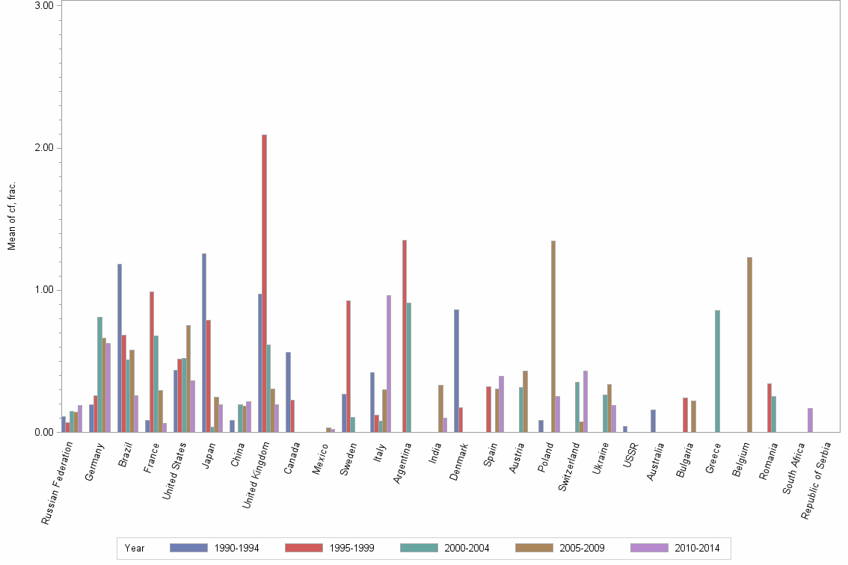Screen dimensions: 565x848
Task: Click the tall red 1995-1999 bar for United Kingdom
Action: click(x=265, y=284)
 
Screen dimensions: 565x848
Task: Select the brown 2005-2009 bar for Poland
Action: click(x=553, y=336)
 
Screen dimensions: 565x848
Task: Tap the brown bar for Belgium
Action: click(x=749, y=345)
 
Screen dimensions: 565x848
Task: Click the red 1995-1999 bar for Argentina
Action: click(x=405, y=336)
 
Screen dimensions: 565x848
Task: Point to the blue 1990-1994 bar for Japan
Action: click(x=203, y=343)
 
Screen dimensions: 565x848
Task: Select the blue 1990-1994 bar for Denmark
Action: click(x=456, y=371)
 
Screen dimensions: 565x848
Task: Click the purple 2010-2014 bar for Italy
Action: click(x=389, y=364)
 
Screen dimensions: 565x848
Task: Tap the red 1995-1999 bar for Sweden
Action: click(x=348, y=366)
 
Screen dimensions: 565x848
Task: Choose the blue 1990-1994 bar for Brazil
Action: click(x=120, y=348)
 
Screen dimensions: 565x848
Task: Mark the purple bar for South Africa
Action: click(x=810, y=420)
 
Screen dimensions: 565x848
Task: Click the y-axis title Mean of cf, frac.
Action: click(x=11, y=216)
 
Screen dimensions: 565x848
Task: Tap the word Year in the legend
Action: click(x=135, y=549)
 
